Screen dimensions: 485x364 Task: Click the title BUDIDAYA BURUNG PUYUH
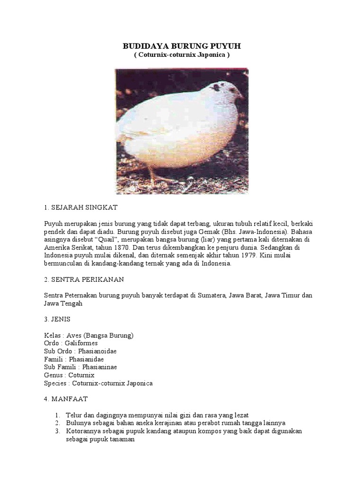pyautogui.click(x=182, y=46)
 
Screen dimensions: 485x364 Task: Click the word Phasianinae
pyautogui.click(x=100, y=367)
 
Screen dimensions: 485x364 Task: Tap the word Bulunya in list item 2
pyautogui.click(x=78, y=423)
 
